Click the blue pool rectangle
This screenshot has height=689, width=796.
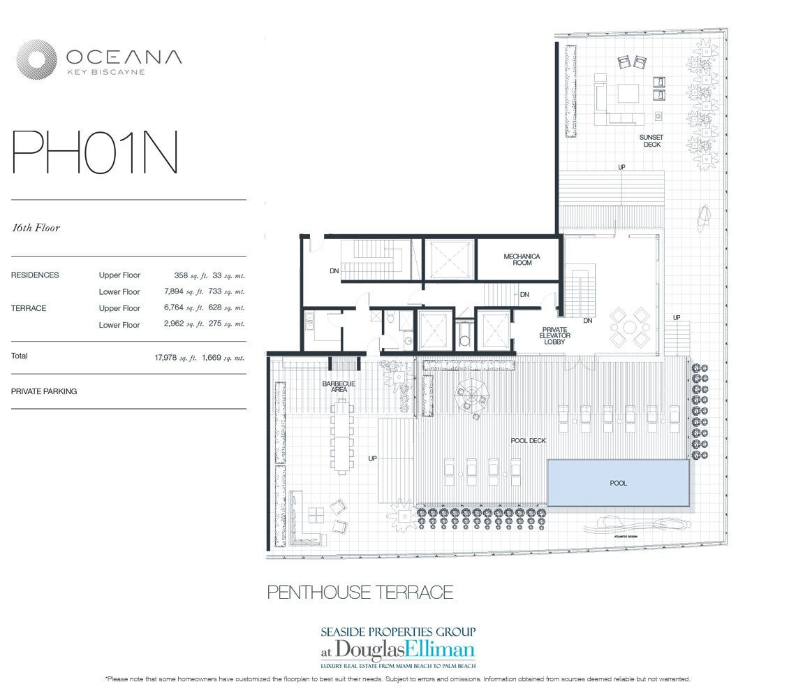pyautogui.click(x=618, y=483)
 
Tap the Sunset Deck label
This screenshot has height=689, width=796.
pyautogui.click(x=650, y=140)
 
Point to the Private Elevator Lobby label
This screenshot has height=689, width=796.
pyautogui.click(x=555, y=335)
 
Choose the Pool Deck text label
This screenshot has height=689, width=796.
pyautogui.click(x=529, y=441)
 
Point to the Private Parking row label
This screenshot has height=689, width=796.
pyautogui.click(x=44, y=391)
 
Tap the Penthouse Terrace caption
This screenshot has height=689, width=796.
pyautogui.click(x=360, y=593)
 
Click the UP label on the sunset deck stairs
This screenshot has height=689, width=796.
pyautogui.click(x=621, y=167)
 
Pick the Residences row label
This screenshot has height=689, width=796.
pyautogui.click(x=35, y=275)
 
